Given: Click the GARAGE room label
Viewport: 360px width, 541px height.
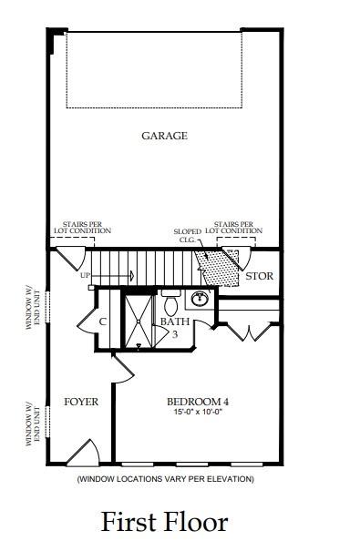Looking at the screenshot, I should click(164, 136).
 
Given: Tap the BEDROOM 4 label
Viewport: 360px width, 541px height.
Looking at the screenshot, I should click(198, 403).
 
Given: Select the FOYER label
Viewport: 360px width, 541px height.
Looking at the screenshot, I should click(80, 402).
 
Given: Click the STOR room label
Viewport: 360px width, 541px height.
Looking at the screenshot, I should click(259, 276).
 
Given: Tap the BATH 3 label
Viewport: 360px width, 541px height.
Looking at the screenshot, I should click(173, 328).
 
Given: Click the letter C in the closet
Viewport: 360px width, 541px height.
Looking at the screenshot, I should click(102, 322).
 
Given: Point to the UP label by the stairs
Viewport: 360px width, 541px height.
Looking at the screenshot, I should click(85, 275).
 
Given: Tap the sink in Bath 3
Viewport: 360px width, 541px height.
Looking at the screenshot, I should click(201, 299).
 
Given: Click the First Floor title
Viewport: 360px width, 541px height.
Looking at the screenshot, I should click(164, 522).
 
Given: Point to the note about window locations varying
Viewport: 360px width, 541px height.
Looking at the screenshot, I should click(165, 479).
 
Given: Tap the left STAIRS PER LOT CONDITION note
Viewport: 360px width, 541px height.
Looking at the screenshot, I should click(87, 227).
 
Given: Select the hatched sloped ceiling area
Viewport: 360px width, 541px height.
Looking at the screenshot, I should click(218, 267).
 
